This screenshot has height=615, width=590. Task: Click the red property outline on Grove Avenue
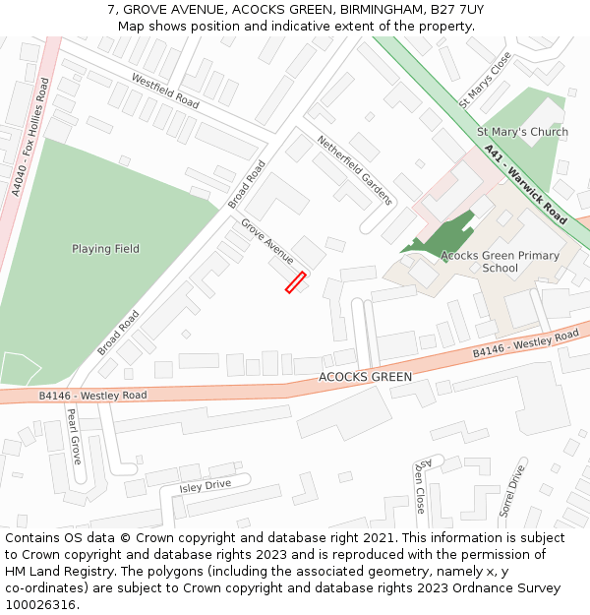(296, 282)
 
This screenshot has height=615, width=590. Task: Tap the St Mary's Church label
(522, 132)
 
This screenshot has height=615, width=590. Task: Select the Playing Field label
(105, 249)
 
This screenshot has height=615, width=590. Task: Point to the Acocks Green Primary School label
(500, 262)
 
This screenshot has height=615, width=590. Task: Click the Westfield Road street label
(164, 91)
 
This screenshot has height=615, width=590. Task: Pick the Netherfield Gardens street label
(354, 170)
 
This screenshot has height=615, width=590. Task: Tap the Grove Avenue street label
(267, 242)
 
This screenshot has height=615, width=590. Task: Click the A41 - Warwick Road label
(526, 184)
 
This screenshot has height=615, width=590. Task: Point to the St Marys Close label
(485, 81)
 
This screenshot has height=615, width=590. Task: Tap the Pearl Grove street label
(74, 437)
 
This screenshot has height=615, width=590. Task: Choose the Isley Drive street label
(205, 486)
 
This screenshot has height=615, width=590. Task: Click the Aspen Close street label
(420, 484)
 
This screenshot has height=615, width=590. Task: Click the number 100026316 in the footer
(40, 604)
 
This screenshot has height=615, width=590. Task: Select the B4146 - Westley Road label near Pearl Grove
(92, 396)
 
